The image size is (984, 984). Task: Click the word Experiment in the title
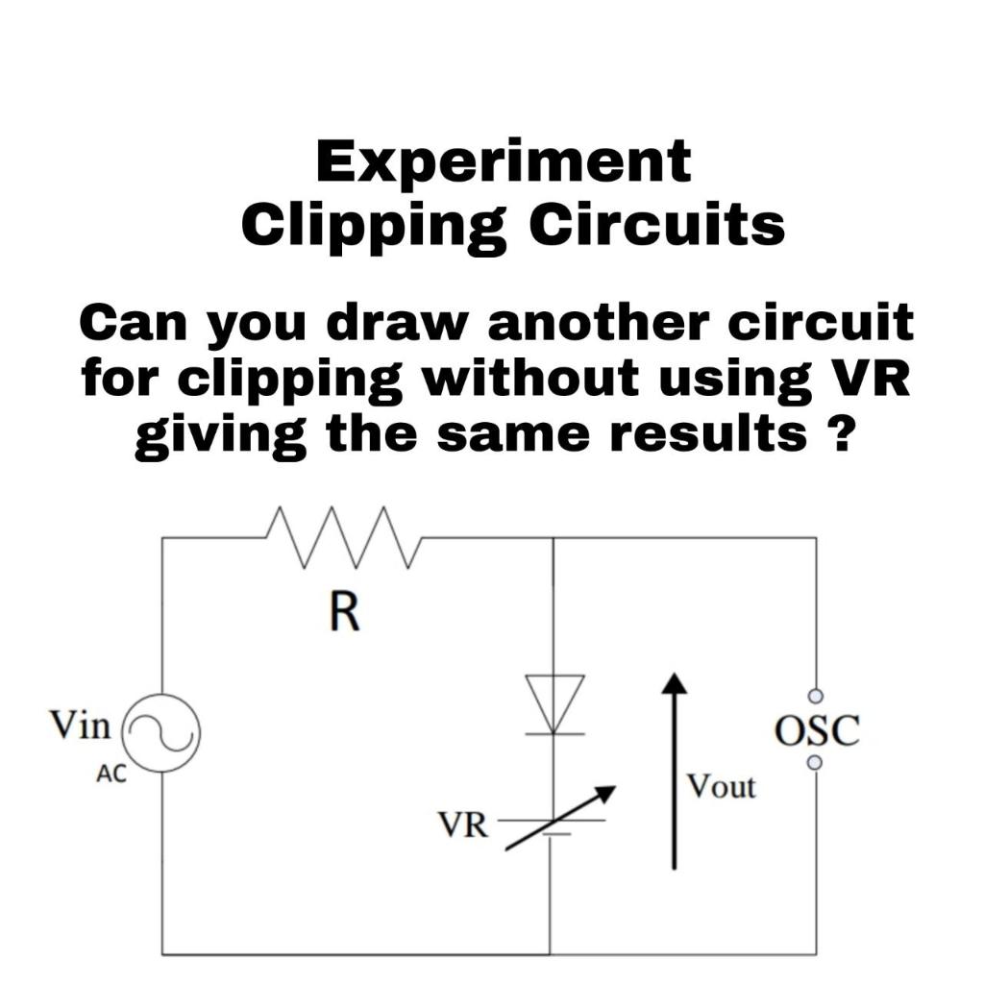click(503, 162)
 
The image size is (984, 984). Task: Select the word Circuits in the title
click(657, 225)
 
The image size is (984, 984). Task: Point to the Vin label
click(81, 725)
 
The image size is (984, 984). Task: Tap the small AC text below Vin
click(111, 775)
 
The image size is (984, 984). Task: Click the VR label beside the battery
click(462, 824)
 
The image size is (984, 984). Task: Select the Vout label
click(721, 787)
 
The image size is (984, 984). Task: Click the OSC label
click(816, 730)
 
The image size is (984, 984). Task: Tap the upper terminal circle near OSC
click(815, 696)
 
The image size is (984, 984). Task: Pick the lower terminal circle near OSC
click(815, 762)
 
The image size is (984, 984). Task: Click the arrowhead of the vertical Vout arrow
click(676, 682)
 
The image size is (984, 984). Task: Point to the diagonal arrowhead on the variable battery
click(604, 793)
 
